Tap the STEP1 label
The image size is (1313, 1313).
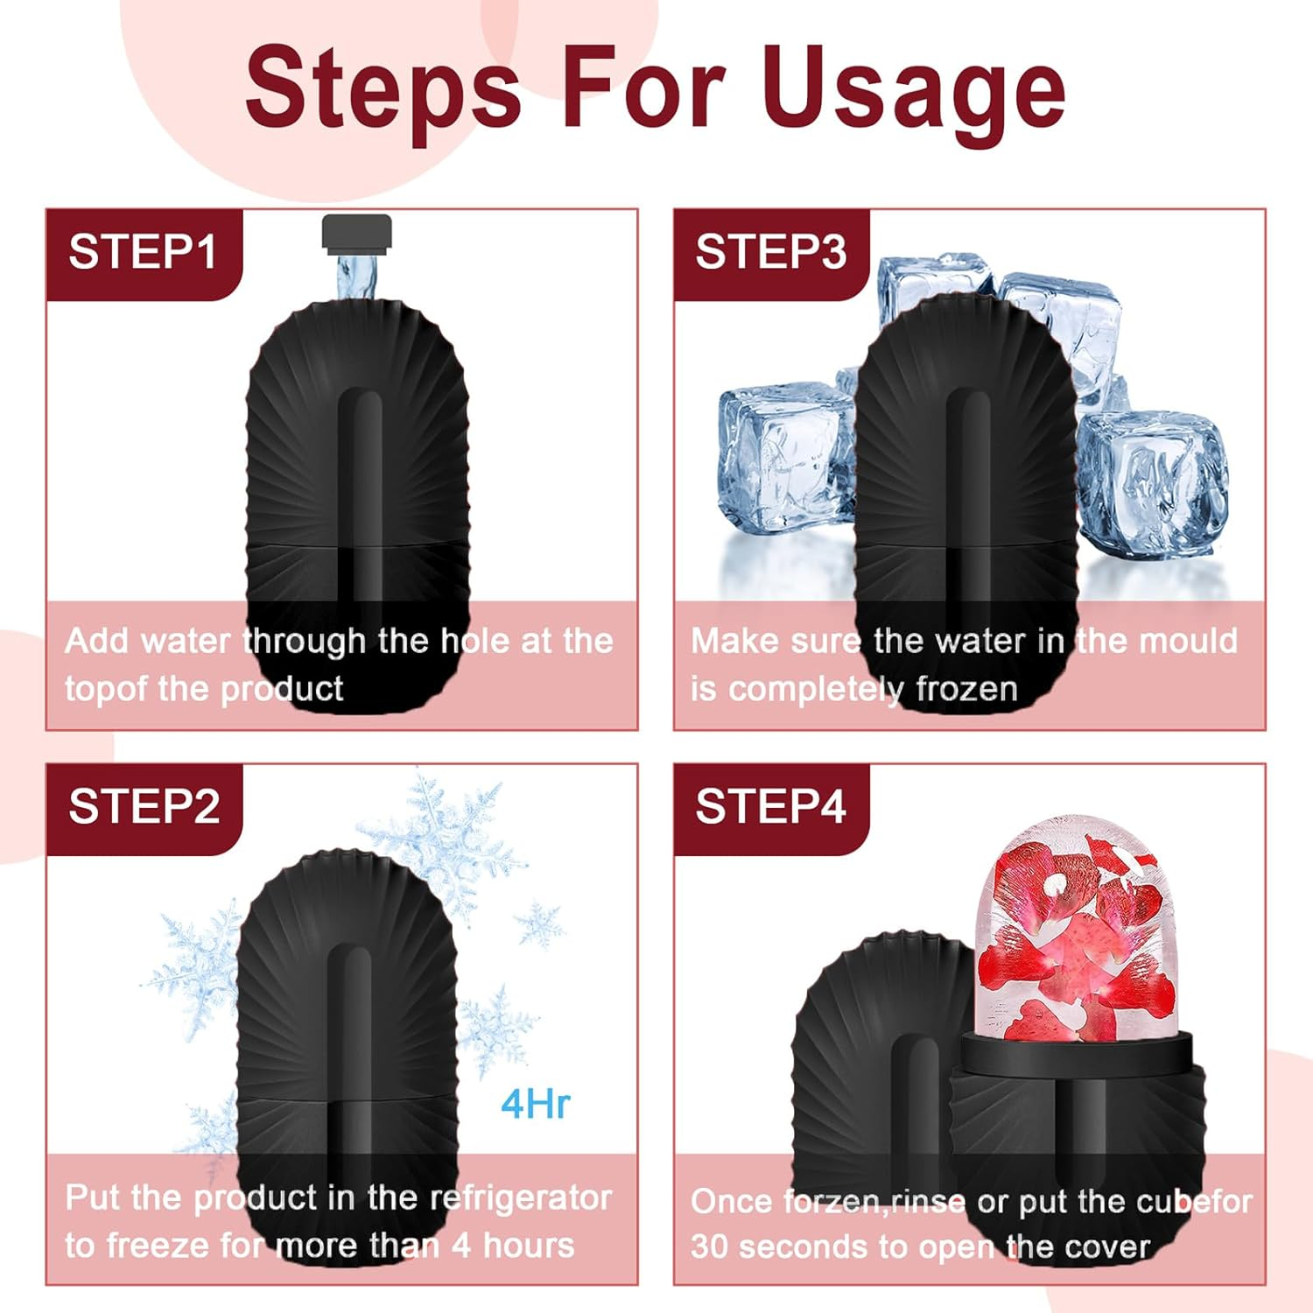pyautogui.click(x=143, y=252)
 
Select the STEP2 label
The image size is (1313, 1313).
pyautogui.click(x=144, y=806)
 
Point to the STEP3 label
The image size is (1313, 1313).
pyautogui.click(x=770, y=252)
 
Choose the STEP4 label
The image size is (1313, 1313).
pyautogui.click(x=770, y=806)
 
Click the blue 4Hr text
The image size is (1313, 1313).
pyautogui.click(x=535, y=1104)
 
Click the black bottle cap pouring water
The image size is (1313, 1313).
pyautogui.click(x=356, y=234)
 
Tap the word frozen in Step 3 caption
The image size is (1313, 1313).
pyautogui.click(x=966, y=689)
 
